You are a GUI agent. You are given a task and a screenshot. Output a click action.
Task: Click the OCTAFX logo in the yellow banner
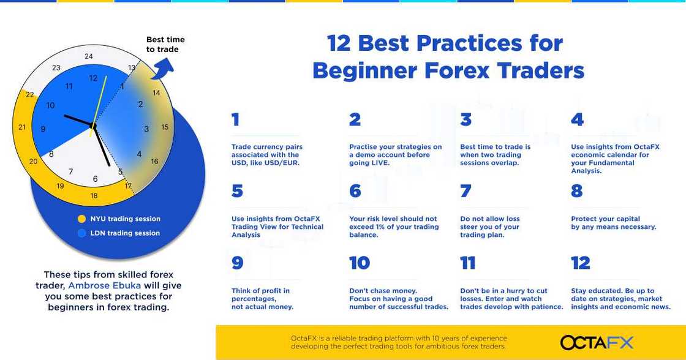coord(597,342)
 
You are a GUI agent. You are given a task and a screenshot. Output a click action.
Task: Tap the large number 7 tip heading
coord(466,191)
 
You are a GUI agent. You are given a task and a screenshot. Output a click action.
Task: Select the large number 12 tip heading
coord(580,263)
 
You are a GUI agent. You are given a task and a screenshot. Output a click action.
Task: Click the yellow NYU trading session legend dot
coord(81,219)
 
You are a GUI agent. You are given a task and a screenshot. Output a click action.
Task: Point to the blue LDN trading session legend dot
coord(81,233)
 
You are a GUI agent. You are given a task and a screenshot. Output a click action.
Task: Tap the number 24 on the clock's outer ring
coord(89,56)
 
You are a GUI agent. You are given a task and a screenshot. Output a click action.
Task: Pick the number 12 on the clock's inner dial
coord(93,78)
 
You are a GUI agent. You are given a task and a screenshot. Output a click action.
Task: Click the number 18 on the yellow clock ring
coord(94,196)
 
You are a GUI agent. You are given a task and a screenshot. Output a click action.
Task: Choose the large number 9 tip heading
coord(237,263)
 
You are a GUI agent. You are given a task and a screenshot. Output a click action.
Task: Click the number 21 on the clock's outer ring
coord(22,127)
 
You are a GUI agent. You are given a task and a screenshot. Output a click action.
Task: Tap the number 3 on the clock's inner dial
coord(146,129)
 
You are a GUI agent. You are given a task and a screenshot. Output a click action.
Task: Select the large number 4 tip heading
coord(577,119)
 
